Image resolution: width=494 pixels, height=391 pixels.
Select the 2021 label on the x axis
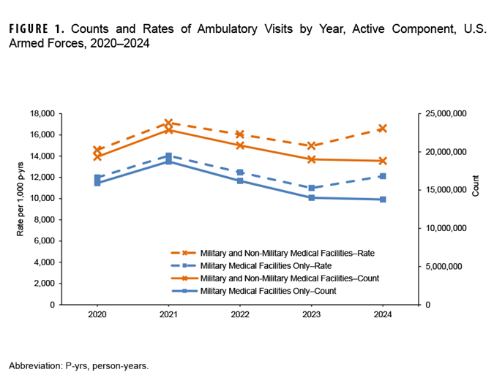click(x=168, y=314)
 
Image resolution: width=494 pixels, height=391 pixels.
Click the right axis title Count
click(x=476, y=188)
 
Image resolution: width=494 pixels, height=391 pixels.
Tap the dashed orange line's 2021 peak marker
click(x=168, y=124)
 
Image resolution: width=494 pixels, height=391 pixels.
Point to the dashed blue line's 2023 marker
click(x=311, y=188)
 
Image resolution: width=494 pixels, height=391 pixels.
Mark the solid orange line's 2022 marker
click(x=240, y=145)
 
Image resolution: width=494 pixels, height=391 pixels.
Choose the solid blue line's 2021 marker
click(x=168, y=162)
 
